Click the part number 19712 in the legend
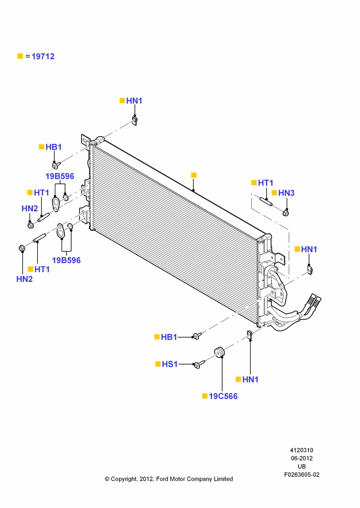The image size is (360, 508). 43,56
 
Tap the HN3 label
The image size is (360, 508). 286,193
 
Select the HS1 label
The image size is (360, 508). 170,364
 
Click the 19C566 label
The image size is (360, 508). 223,396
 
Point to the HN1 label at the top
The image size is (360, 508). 134,101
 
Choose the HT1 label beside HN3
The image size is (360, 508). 265,183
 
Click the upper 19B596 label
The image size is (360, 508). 59,176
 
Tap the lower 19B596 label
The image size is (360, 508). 67,260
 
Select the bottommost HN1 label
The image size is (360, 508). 250,379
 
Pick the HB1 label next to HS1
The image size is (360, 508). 169,337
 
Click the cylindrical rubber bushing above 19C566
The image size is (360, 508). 220,352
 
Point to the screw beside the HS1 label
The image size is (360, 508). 199,364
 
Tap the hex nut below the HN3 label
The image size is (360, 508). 286,213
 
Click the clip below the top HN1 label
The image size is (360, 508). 135,121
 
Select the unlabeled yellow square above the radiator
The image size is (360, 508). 194,175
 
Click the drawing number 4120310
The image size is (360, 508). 302,450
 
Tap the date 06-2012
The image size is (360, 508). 302,458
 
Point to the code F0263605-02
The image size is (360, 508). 302,474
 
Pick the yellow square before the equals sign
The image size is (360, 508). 20,56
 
